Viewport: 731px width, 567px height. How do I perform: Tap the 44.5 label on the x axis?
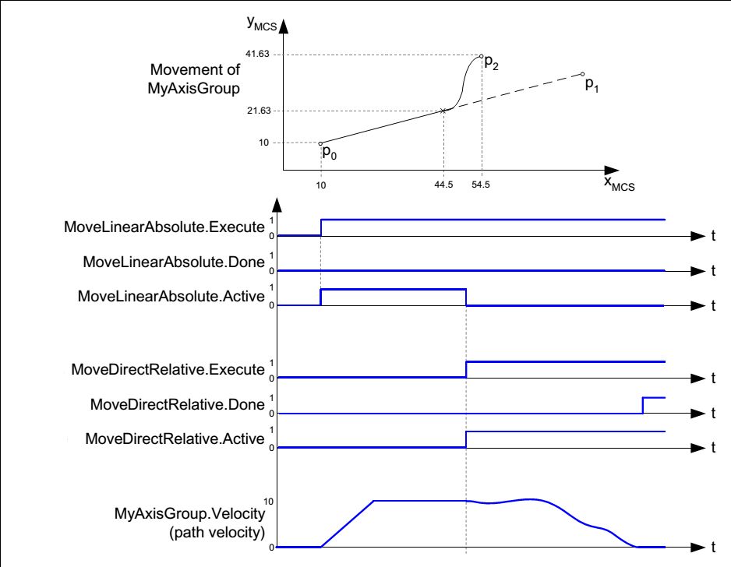click(x=443, y=186)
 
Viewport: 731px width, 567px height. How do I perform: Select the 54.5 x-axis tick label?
click(x=481, y=186)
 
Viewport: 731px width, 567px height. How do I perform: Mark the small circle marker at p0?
click(x=321, y=143)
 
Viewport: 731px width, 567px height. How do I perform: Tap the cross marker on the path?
click(x=443, y=111)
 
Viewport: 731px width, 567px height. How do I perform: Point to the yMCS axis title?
click(x=262, y=23)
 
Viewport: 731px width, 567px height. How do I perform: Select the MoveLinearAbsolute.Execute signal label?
click(x=164, y=227)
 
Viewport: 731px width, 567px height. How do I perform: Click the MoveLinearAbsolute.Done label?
click(x=174, y=262)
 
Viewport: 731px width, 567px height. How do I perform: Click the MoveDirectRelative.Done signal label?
click(x=177, y=404)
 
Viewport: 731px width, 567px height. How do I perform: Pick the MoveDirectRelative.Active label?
click(x=175, y=439)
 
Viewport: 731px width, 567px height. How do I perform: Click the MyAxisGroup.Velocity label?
click(x=190, y=513)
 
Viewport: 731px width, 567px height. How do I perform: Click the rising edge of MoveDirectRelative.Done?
click(x=643, y=405)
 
